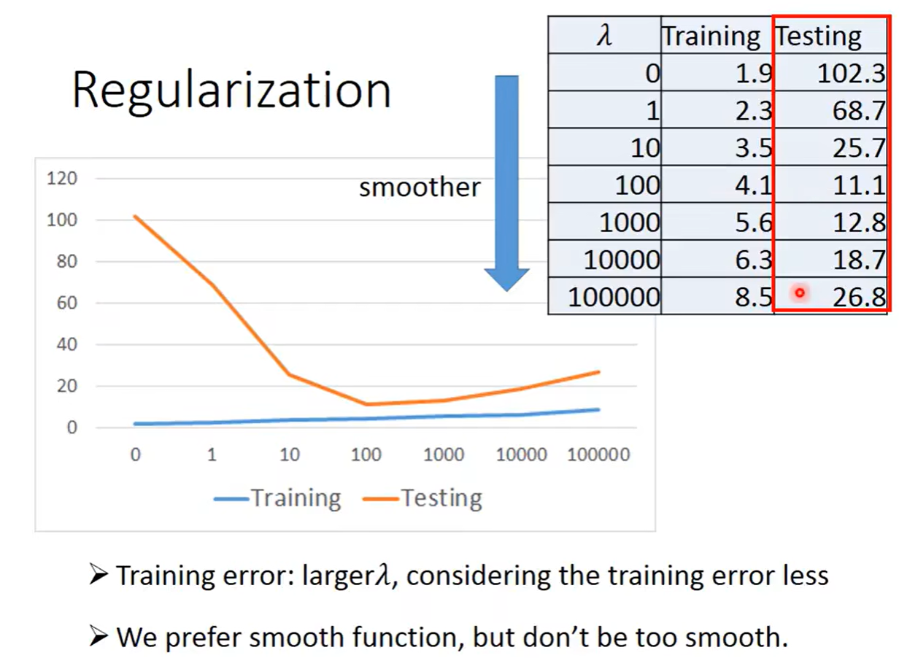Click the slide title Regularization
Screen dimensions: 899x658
click(231, 90)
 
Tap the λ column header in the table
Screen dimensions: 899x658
click(604, 35)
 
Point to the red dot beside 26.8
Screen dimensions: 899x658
click(800, 293)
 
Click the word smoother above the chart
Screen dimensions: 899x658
click(420, 187)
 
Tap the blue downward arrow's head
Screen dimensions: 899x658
click(506, 279)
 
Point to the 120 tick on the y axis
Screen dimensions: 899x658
click(62, 178)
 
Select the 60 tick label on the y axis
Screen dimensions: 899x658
click(66, 303)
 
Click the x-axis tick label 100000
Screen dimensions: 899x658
click(598, 454)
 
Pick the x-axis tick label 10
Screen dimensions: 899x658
click(290, 454)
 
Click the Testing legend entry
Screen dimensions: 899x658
click(423, 499)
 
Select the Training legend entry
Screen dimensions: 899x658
click(278, 499)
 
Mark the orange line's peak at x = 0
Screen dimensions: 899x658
click(135, 216)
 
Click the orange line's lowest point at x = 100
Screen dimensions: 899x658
click(366, 404)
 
